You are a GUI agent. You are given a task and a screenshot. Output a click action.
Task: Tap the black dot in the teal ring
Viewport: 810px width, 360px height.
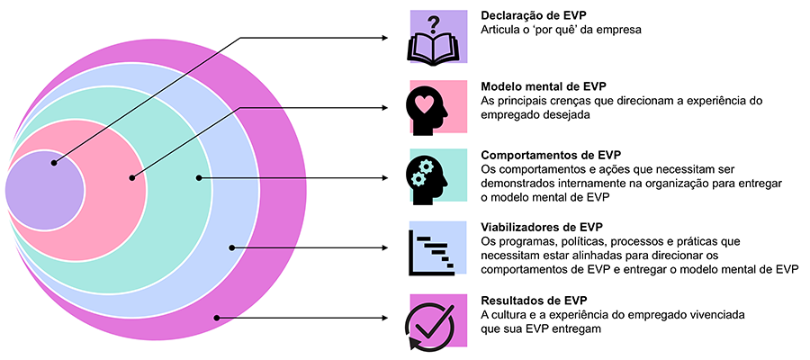(198, 177)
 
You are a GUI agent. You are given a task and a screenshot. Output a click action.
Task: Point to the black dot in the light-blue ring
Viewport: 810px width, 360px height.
(231, 247)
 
